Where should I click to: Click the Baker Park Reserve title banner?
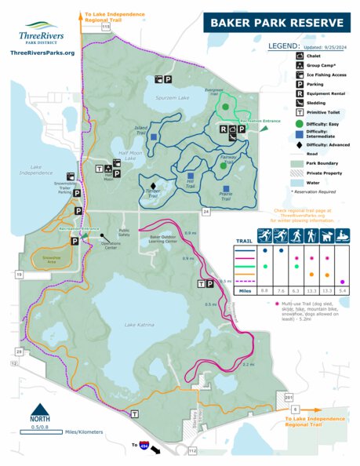(275, 23)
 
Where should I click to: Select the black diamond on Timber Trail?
(153, 186)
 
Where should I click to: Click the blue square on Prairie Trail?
(226, 189)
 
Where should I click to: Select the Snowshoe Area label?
(52, 257)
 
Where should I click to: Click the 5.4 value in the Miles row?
(343, 291)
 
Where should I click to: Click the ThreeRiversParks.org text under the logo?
(43, 53)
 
